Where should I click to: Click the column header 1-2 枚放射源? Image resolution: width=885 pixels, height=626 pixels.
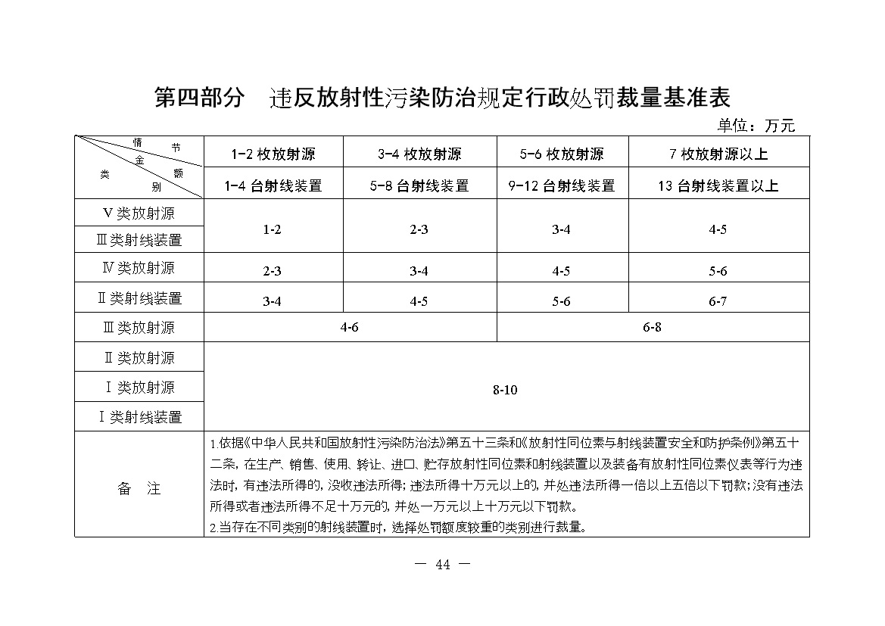[x=273, y=154]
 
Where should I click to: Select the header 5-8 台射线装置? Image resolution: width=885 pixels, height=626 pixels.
[x=419, y=185]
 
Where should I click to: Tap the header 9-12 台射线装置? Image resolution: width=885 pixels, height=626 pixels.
[x=561, y=185]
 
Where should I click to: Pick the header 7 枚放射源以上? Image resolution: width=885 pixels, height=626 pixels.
[x=718, y=154]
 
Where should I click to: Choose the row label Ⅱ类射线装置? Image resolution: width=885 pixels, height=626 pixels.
[x=139, y=298]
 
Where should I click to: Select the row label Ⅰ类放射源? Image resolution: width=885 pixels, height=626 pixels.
[x=139, y=388]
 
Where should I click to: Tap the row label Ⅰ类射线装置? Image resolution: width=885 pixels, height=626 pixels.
[x=139, y=417]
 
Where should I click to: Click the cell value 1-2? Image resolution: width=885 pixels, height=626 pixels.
[x=273, y=229]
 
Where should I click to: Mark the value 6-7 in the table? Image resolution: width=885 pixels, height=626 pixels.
[x=718, y=301]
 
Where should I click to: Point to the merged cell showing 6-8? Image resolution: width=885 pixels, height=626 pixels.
[x=652, y=328]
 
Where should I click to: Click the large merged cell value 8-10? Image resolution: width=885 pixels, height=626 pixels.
[x=505, y=391]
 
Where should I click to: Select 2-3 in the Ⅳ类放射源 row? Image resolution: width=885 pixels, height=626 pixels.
[x=273, y=271]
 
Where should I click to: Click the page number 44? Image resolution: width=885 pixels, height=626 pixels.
[x=444, y=564]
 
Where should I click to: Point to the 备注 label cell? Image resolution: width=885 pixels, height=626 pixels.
[x=139, y=489]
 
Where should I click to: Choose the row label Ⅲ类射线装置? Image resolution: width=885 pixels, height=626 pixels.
[x=139, y=241]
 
